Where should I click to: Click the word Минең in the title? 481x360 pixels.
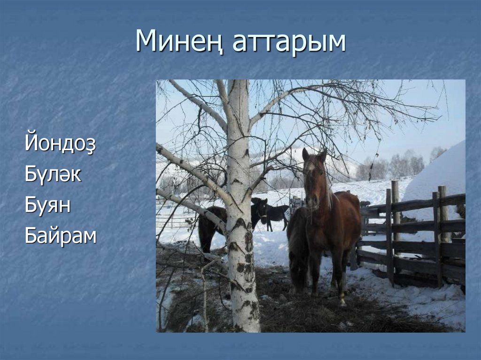[177, 42]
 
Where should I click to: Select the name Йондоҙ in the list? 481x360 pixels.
[60, 144]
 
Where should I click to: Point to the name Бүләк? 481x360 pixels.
[53, 175]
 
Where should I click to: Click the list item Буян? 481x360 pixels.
[47, 206]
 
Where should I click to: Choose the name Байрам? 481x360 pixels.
[60, 236]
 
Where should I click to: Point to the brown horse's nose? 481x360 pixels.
[312, 202]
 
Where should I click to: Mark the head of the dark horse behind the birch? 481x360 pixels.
[260, 211]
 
